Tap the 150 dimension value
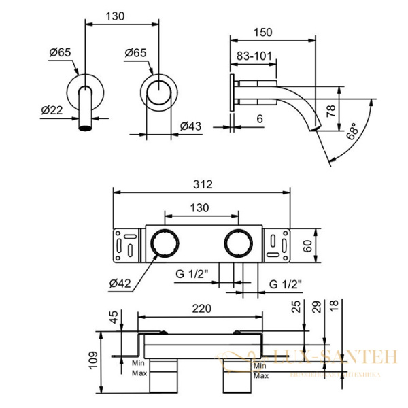click(x=263, y=31)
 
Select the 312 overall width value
click(x=203, y=184)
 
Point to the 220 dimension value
click(x=201, y=307)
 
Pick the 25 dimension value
click(x=295, y=308)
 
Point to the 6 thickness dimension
click(x=260, y=118)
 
